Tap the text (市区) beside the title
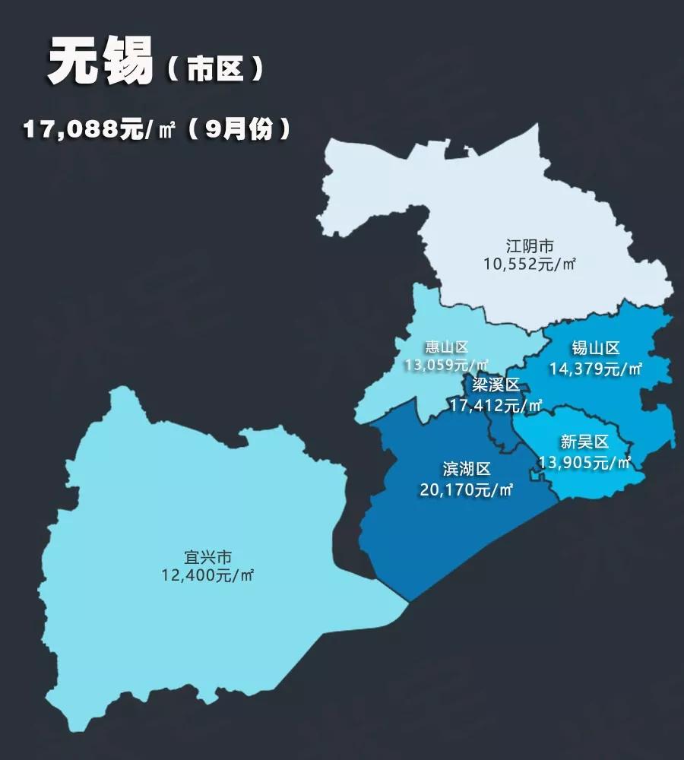pyautogui.click(x=215, y=70)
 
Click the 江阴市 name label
pyautogui.click(x=530, y=246)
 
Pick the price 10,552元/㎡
pyautogui.click(x=530, y=264)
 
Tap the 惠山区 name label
pyautogui.click(x=447, y=348)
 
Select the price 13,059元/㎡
pyautogui.click(x=447, y=366)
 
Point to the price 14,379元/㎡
pyautogui.click(x=596, y=369)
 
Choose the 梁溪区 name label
pyautogui.click(x=496, y=385)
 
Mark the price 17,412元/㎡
pyautogui.click(x=496, y=405)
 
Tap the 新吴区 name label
pyautogui.click(x=585, y=442)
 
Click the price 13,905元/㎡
pyautogui.click(x=585, y=461)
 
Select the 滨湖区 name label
pyautogui.click(x=467, y=469)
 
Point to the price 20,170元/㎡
pyautogui.click(x=467, y=489)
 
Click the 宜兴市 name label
pyautogui.click(x=207, y=557)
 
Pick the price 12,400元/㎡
pyautogui.click(x=207, y=575)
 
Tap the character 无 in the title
pyautogui.click(x=74, y=62)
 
